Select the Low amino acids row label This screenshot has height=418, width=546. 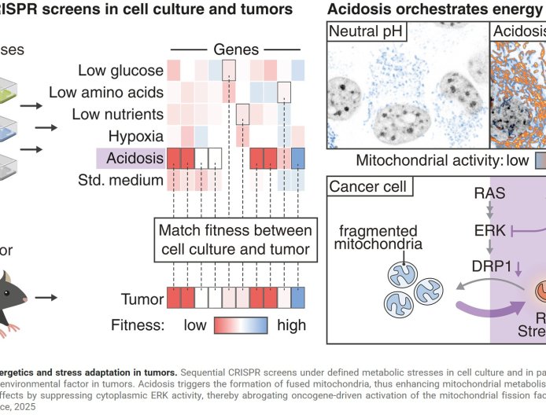pos(106,92)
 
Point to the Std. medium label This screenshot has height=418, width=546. pos(124,181)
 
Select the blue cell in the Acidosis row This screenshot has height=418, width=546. pos(298,159)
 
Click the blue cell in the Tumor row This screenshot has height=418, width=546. pos(298,299)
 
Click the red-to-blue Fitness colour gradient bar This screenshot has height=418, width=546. pos(235,324)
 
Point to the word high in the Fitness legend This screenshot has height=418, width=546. pos(286,324)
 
